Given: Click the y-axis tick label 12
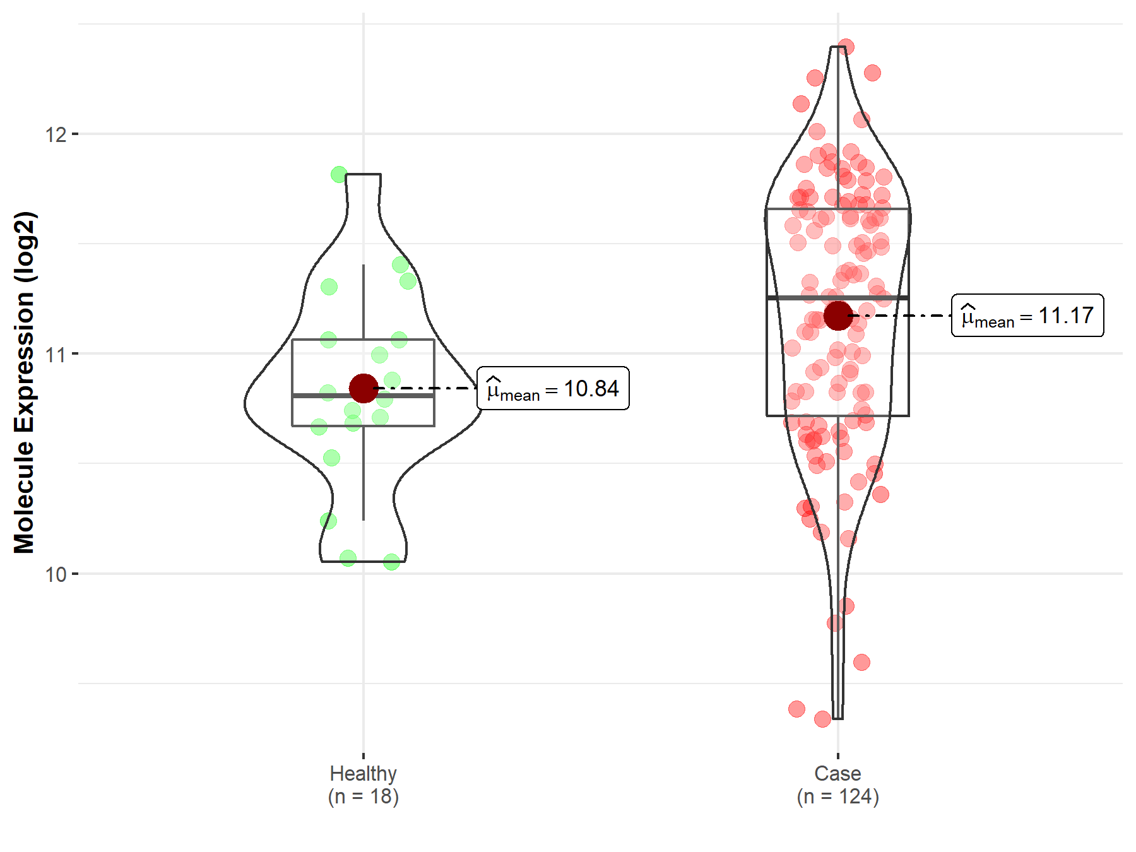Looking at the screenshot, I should coord(56,134).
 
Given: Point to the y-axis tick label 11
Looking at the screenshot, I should coord(56,354).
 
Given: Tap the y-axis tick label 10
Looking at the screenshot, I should coord(56,574).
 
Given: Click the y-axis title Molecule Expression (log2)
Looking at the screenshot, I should coord(24,382).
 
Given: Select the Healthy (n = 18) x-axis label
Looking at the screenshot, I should coord(364,784).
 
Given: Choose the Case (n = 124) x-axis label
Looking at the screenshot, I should coord(837,784).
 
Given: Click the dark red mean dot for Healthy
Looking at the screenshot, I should coord(364,388).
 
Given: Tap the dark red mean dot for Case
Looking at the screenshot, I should coord(837,316).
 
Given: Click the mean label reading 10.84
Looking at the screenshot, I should coord(553,389).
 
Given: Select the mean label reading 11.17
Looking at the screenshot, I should coord(1027,316).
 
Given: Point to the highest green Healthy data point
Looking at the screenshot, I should coord(339,174).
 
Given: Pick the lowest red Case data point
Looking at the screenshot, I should coord(822,719).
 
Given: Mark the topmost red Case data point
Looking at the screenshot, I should coord(846,47).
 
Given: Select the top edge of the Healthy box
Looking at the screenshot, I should coord(364,340).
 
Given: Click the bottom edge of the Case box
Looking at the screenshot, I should coord(837,416).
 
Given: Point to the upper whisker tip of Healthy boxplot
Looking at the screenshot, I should coord(364,266).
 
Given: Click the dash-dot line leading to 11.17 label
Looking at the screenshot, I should coord(902,316).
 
